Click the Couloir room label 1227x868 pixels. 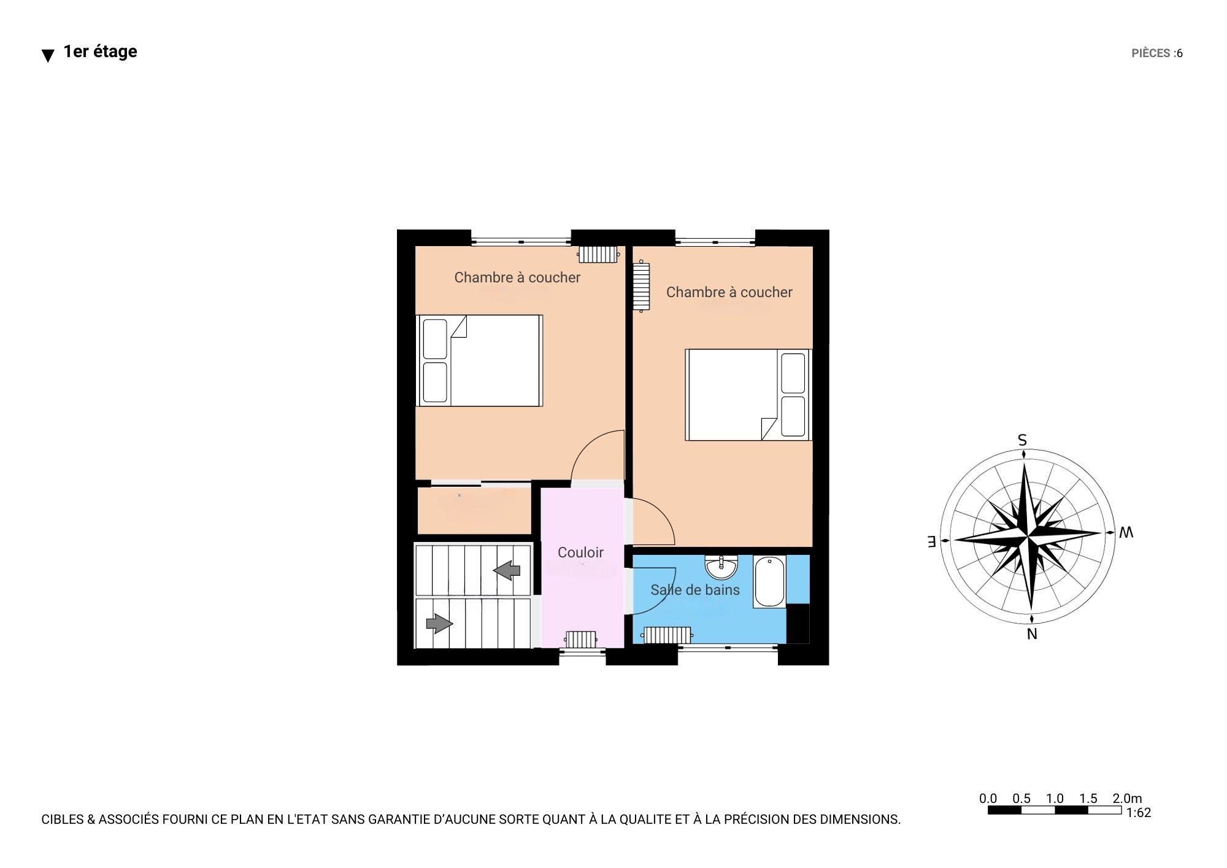580,552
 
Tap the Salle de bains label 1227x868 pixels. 695,590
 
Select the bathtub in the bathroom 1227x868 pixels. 770,581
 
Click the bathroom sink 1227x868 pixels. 721,567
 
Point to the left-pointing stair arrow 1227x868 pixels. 507,570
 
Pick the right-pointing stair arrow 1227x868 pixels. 439,624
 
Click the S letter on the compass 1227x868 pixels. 1022,440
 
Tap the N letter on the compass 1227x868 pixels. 1032,634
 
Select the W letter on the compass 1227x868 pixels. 1126,533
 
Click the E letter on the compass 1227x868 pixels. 931,541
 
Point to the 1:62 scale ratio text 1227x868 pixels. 1139,813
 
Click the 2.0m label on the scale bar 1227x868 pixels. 1128,799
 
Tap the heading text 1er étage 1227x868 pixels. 100,52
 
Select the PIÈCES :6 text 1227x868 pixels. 1157,53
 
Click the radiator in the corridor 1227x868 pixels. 580,640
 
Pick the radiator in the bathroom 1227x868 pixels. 667,635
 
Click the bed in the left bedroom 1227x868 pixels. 479,361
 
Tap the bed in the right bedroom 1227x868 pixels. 748,395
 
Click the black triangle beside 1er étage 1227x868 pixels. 48,56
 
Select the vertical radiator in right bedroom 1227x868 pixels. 642,287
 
